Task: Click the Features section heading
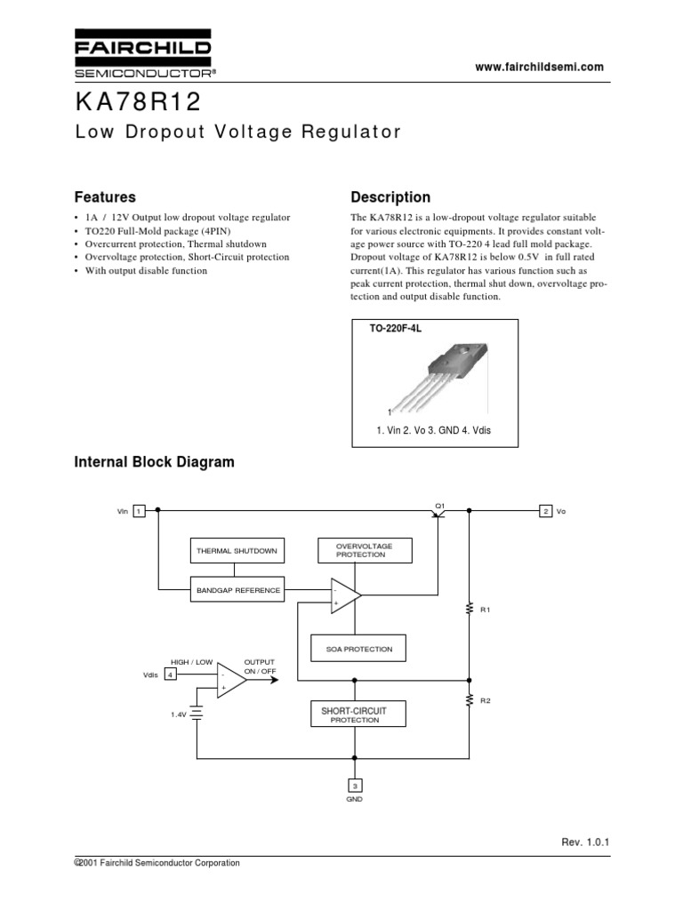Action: pos(104,197)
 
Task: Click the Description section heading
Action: pos(390,197)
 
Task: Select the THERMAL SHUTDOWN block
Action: pos(237,551)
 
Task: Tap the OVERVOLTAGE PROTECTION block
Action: pos(365,550)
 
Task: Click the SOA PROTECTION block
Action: pos(358,649)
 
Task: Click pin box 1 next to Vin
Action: pos(140,511)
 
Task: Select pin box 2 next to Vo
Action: pos(545,511)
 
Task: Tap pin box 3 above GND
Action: pos(354,785)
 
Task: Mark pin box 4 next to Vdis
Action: pos(169,674)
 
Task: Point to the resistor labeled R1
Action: pos(469,609)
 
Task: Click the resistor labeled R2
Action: pos(469,701)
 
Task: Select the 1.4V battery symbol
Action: pos(197,713)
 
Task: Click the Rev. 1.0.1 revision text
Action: pos(588,841)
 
